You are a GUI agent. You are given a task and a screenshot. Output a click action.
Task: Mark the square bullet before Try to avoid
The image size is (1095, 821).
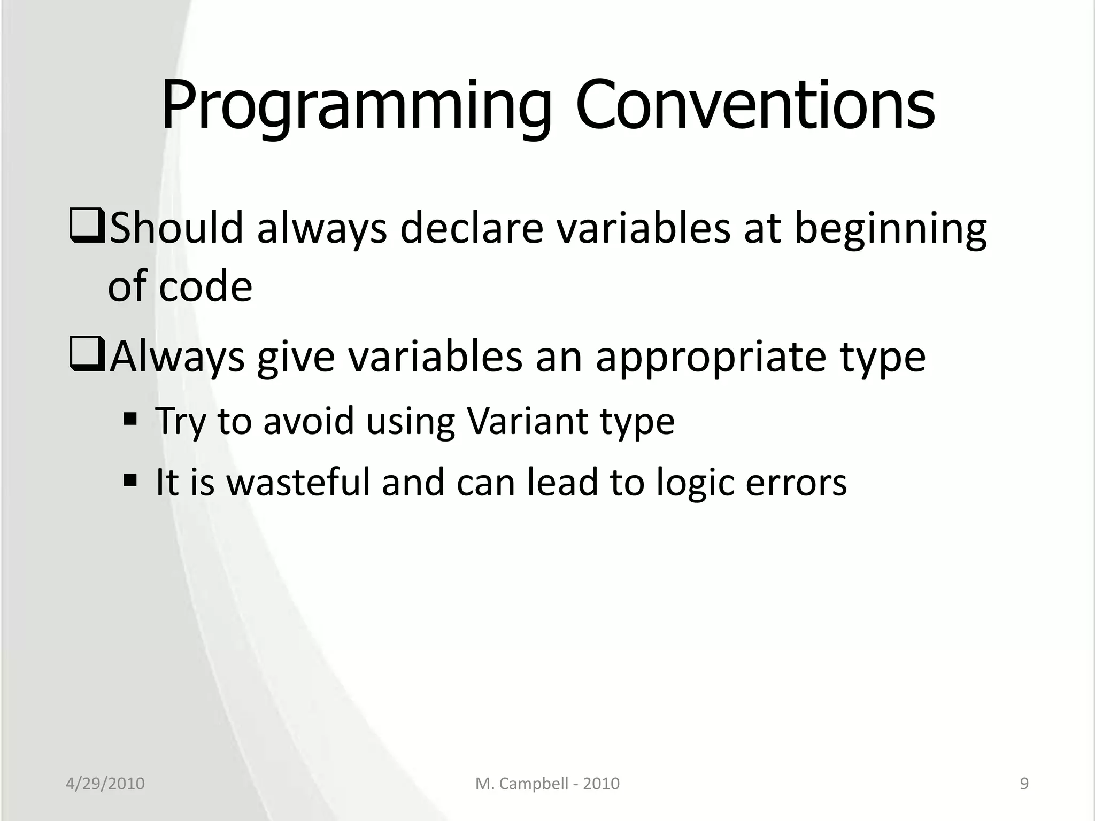pos(129,417)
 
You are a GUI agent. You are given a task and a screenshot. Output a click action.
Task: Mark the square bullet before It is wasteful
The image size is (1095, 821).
pos(129,479)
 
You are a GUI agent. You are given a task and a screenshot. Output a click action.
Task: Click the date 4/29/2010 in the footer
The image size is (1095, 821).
pos(105,784)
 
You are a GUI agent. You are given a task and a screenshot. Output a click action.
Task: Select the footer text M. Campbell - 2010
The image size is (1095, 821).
pos(547,784)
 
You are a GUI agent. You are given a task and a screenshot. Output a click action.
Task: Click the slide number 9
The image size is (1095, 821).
pos(1024,784)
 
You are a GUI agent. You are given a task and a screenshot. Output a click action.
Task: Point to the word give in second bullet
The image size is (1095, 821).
pos(296,358)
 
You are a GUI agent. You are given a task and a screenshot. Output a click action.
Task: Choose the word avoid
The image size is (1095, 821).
pos(309,421)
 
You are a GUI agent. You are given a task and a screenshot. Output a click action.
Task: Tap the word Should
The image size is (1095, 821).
pos(176,228)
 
